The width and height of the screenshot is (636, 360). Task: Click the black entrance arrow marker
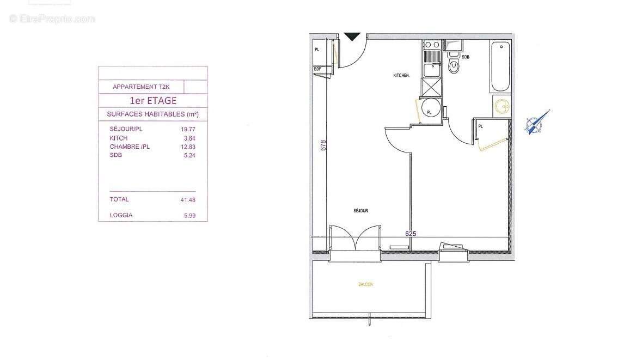pos(353,36)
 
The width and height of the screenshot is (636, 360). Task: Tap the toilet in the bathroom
pos(452,66)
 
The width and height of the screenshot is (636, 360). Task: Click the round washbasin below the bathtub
pos(502,106)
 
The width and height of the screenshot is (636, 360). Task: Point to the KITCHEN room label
pos(401,75)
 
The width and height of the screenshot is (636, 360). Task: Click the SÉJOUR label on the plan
pos(360,210)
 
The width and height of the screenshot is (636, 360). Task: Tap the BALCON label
pos(365,284)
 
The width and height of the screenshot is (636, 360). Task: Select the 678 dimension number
pos(323,145)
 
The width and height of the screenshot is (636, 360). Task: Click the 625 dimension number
pos(411,233)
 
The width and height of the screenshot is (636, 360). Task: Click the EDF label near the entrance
pos(317,69)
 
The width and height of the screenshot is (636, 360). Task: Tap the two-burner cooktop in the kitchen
pos(432,45)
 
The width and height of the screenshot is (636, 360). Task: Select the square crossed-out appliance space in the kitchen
pos(432,87)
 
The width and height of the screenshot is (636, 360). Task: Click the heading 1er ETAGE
pos(152,100)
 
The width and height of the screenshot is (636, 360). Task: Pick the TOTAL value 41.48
pos(187,200)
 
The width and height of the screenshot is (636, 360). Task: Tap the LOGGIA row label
pos(121,215)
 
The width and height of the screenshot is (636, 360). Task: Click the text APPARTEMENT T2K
pos(141,87)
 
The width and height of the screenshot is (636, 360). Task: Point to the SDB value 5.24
pos(188,155)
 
